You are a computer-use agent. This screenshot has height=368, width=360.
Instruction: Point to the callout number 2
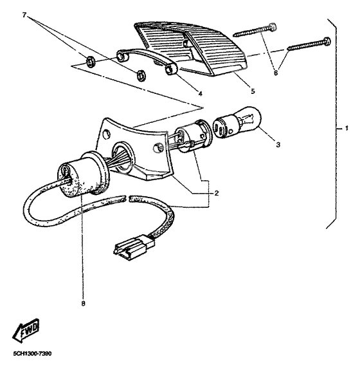click(x=217, y=192)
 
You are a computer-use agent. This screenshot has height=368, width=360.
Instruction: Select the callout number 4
click(x=200, y=93)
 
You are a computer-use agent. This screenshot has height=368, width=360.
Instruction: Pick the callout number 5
click(x=253, y=91)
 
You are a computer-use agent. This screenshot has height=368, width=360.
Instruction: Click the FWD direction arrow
click(x=26, y=331)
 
